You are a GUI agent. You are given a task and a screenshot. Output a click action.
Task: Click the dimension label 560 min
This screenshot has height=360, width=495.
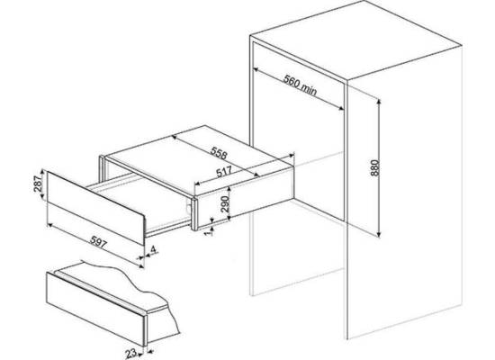point(300,85)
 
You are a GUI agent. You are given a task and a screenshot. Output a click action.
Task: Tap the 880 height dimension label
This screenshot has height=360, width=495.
point(374,168)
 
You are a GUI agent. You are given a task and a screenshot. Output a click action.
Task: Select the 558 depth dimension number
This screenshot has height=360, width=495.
point(219,153)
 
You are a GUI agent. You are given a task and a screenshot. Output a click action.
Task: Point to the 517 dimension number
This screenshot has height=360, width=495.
point(224,172)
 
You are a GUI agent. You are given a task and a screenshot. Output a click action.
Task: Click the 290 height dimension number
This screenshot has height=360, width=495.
point(225,204)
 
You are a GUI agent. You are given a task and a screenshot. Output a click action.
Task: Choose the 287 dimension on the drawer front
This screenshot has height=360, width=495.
point(38,184)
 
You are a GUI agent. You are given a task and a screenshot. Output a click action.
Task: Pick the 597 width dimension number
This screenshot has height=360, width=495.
point(98,242)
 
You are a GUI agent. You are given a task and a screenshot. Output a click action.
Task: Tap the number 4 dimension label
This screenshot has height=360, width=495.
point(153,250)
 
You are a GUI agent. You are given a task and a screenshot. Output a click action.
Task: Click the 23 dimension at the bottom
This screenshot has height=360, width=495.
point(131,353)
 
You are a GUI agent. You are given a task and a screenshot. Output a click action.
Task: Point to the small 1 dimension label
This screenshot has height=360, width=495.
point(207,233)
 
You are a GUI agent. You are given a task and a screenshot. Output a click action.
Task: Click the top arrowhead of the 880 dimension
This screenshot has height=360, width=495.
point(379,102)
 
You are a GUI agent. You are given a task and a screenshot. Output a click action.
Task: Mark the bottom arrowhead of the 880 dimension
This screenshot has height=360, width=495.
point(379,234)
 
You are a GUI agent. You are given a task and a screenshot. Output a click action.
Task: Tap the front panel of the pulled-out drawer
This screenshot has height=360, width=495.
point(95,208)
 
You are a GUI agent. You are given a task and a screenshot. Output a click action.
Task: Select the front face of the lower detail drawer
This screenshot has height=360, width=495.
point(95,309)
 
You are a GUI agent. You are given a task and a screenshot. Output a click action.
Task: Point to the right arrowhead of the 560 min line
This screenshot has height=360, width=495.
point(341,108)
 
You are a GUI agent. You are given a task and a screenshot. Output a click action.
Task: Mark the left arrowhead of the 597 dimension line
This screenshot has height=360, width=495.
point(49,225)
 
